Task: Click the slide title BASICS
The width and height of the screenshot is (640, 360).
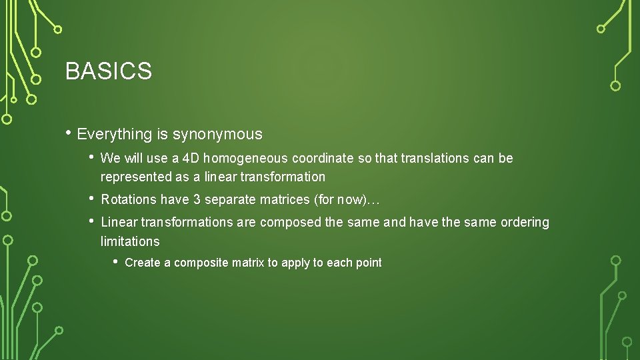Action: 109,71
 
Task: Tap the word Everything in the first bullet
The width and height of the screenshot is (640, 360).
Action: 115,135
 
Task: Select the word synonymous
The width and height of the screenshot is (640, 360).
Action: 217,135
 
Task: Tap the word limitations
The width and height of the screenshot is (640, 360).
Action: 130,241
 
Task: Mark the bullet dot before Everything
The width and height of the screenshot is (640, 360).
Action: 69,133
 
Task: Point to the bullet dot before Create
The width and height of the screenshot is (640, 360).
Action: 115,261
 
